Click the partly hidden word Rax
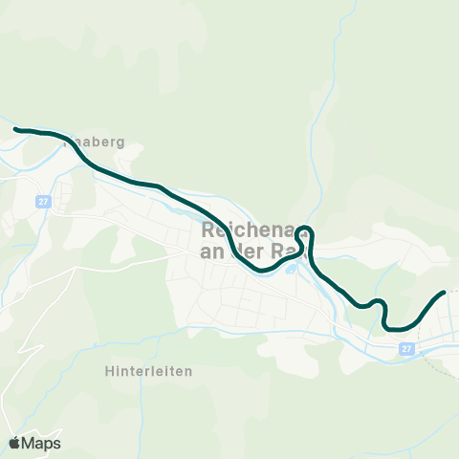point(283,251)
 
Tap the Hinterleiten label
point(149,370)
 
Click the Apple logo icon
point(14,443)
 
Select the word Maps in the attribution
point(41,443)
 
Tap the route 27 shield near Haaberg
point(44,202)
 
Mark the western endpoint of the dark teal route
point(16,128)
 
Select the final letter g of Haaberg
point(121,142)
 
